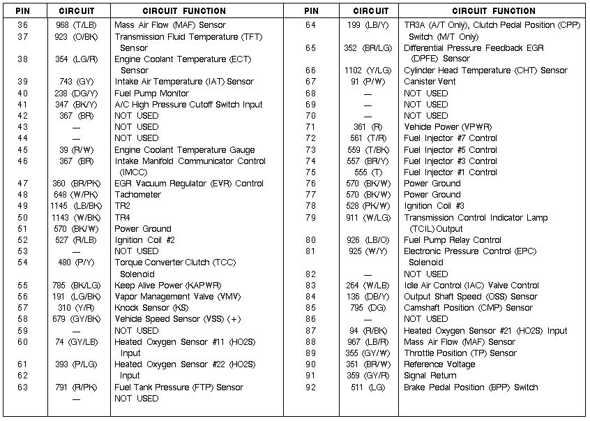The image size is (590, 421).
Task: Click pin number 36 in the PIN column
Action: tap(22, 25)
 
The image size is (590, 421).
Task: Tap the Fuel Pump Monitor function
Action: tap(151, 94)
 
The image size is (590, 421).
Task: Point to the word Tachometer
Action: tap(137, 195)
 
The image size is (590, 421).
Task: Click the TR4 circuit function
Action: tap(123, 217)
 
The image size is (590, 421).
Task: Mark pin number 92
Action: tap(310, 387)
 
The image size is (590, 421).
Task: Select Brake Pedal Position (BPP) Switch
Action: tap(471, 387)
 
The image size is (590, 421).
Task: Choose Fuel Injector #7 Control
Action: tap(451, 138)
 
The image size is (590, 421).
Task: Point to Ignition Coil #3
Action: tap(434, 206)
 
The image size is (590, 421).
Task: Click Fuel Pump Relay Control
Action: tap(453, 240)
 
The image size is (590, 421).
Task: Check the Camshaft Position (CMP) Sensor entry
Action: tap(468, 308)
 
